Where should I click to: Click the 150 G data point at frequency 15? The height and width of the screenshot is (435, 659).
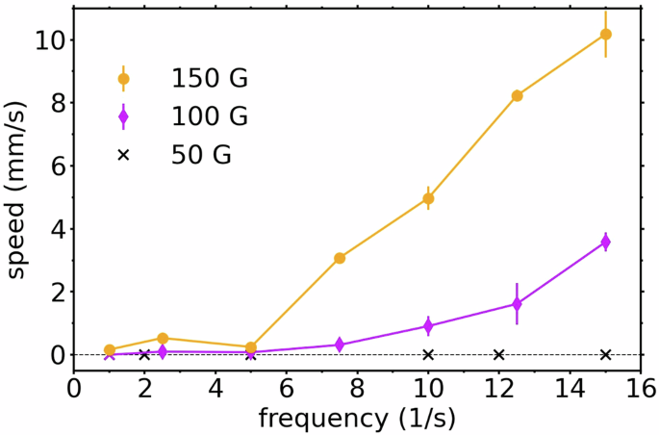[x=605, y=35]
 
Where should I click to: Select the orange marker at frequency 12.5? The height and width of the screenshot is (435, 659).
[x=517, y=96]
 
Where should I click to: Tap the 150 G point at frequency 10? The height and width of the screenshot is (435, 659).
[x=428, y=198]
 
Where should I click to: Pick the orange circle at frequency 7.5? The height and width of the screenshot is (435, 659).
[x=340, y=258]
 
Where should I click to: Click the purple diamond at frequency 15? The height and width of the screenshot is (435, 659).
[x=605, y=243]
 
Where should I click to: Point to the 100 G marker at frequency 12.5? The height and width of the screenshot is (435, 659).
[x=517, y=304]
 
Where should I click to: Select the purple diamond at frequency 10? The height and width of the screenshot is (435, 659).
[x=428, y=326]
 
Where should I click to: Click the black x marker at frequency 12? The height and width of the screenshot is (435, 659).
[x=498, y=355]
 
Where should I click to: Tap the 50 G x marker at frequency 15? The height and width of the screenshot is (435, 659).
[x=605, y=355]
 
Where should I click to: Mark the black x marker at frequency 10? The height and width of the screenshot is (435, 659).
[x=428, y=355]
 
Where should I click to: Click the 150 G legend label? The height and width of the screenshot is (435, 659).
[x=210, y=78]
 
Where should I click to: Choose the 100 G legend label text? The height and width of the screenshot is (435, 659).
[x=210, y=116]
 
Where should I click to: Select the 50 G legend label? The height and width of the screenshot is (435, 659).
[x=201, y=154]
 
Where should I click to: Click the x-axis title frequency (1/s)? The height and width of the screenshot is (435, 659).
[x=357, y=419]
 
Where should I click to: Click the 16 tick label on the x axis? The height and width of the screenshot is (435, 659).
[x=641, y=388]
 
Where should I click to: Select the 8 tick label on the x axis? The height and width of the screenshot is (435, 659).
[x=357, y=388]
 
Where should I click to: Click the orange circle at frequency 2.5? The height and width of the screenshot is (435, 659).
[x=163, y=339]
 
